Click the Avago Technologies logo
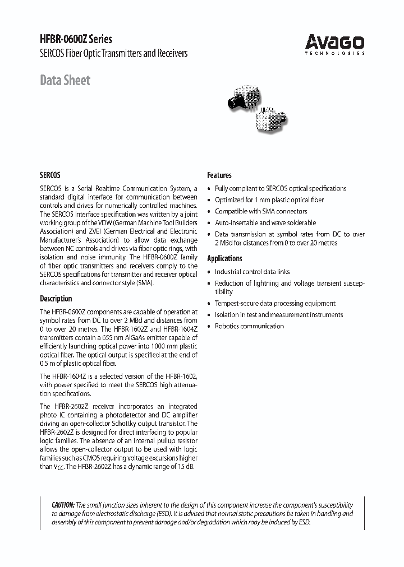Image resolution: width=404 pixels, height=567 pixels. [x=334, y=44]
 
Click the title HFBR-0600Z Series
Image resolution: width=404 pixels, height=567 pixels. [x=76, y=39]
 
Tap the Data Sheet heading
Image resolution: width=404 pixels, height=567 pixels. [x=65, y=80]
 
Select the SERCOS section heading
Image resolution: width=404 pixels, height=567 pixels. [x=50, y=175]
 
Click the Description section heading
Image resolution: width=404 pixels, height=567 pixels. [x=56, y=299]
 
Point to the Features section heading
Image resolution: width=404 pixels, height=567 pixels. [x=219, y=175]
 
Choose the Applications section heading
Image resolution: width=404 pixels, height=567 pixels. [x=224, y=258]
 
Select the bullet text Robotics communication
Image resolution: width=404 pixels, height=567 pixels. [x=249, y=326]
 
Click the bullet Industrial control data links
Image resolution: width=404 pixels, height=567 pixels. [x=259, y=272]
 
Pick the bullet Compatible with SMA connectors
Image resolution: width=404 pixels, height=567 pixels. [x=261, y=211]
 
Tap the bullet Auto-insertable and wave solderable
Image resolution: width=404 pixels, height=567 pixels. [x=265, y=222]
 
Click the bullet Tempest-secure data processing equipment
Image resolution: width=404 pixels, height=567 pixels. [x=275, y=303]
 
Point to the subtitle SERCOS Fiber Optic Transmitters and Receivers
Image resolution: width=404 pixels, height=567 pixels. [x=113, y=54]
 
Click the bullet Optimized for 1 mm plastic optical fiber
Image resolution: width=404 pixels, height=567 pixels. [x=269, y=200]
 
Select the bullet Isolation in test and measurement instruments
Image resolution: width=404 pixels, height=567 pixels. [x=278, y=315]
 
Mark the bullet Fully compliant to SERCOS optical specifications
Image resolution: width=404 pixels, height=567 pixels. [x=281, y=189]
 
